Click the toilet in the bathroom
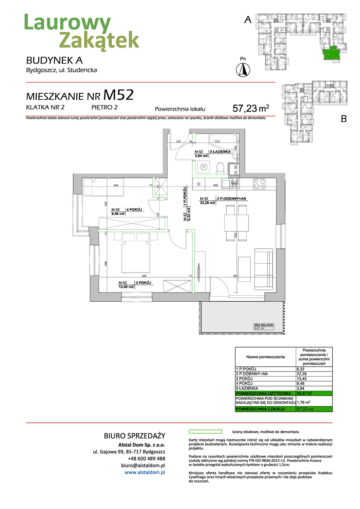point(220,168)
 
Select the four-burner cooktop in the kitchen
point(259,184)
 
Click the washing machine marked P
point(204,167)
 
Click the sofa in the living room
point(264,269)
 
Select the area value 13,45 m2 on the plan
point(126,287)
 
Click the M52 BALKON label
point(264,325)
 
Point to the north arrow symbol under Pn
point(243,70)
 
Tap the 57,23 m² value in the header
point(251,109)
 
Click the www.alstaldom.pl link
point(145,472)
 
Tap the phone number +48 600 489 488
point(146,458)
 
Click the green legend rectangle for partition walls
point(205,432)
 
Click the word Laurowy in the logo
point(67,23)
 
